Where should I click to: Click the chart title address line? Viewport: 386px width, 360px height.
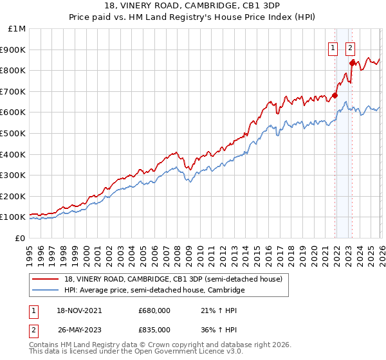[x=193, y=6]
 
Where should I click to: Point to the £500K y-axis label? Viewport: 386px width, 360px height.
[x=13, y=134]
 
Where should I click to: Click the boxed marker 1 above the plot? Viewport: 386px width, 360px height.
[x=333, y=47]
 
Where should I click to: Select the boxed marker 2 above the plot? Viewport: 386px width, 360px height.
[x=350, y=47]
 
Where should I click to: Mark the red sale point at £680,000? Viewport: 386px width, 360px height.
[x=335, y=96]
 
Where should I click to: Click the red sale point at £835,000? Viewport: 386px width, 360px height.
[x=353, y=63]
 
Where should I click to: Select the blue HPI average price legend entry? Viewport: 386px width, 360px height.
[x=154, y=291]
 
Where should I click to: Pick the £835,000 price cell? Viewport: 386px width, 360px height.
[x=154, y=329]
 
